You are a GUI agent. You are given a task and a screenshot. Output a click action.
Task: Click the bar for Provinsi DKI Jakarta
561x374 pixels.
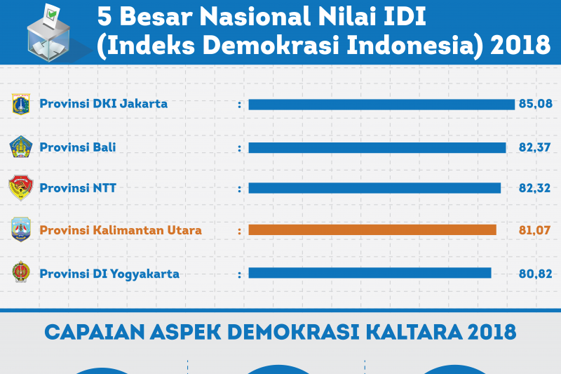[381, 105]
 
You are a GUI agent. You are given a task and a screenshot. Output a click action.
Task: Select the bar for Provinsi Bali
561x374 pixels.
[377, 147]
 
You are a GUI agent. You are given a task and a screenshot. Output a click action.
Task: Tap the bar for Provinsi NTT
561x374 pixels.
[374, 188]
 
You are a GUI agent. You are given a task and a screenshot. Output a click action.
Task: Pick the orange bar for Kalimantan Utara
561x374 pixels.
[372, 229]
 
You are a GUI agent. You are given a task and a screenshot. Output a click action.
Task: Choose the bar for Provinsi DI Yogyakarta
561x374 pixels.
[370, 273]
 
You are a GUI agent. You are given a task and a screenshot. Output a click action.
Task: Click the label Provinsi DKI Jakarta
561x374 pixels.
[104, 104]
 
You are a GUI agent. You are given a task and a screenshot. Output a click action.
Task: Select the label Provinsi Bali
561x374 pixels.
[78, 147]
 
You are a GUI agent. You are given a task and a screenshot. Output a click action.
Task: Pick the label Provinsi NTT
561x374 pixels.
[78, 188]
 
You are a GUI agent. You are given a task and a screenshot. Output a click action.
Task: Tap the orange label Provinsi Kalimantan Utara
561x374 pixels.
[121, 229]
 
